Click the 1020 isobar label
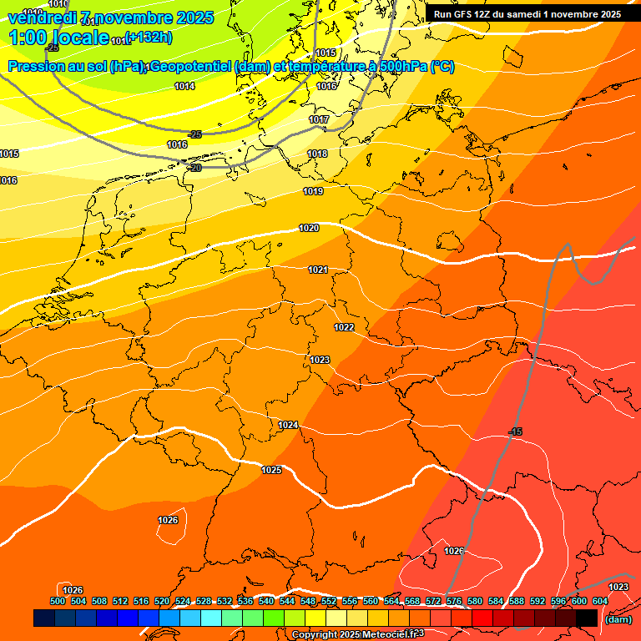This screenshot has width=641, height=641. coord(309,228)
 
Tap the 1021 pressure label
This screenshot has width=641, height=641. coord(318,270)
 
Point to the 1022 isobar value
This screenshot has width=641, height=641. coord(344,327)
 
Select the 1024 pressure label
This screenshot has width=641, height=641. coord(288,425)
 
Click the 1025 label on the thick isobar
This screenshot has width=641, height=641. coord(271,470)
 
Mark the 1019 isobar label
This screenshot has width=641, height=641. coord(313,191)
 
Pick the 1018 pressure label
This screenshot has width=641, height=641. coord(317,154)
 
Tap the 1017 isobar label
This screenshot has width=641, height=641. coord(319,120)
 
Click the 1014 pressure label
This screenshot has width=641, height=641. coord(184,86)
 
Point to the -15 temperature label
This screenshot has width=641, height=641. coord(515,432)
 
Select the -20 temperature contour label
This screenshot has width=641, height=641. coord(195,168)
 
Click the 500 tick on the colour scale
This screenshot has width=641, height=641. coord(58,601)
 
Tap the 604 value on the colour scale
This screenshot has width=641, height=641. coord(600,601)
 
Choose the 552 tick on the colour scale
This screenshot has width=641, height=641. coord(329,601)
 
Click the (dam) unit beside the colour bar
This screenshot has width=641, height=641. coord(618,618)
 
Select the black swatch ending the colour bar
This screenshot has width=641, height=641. coord(587,618)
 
